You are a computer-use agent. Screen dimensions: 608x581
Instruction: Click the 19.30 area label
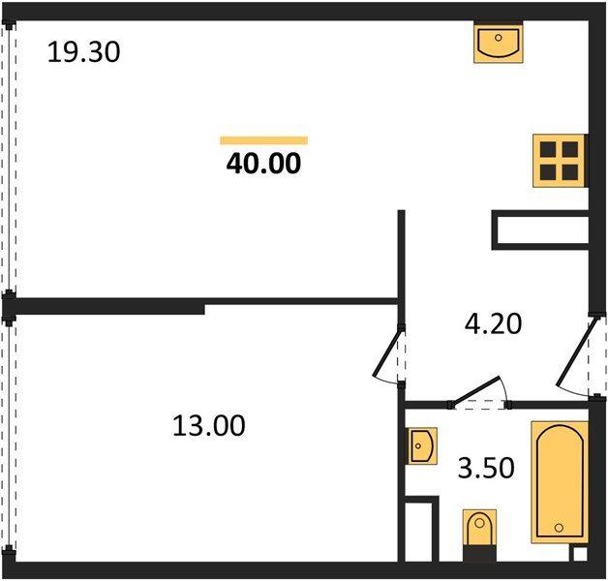pos(83,52)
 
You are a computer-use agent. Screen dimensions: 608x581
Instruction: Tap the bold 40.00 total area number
pos(263,164)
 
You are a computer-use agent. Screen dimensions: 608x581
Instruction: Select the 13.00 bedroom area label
pos(208,426)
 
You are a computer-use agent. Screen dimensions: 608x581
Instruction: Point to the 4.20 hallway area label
pos(493,323)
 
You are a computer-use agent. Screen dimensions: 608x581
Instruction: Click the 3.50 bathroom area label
pos(486,468)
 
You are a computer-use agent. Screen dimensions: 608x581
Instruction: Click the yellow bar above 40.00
pos(263,140)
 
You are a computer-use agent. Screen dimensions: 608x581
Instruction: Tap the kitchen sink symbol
pos(499,42)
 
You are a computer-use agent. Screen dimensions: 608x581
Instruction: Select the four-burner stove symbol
pos(560,161)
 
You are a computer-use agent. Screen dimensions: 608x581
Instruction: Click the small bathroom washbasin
pos(421,446)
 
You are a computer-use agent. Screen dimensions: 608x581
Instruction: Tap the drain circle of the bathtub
pos(559,528)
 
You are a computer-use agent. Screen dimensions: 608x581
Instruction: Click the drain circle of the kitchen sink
pos(499,38)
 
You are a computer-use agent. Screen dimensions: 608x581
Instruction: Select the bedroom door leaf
pos(386,353)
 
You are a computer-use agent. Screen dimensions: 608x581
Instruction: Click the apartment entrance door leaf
pos(576,352)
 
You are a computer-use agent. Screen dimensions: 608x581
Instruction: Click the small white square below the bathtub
pos(580,554)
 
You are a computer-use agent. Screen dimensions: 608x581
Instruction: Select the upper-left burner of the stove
pos(548,149)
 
